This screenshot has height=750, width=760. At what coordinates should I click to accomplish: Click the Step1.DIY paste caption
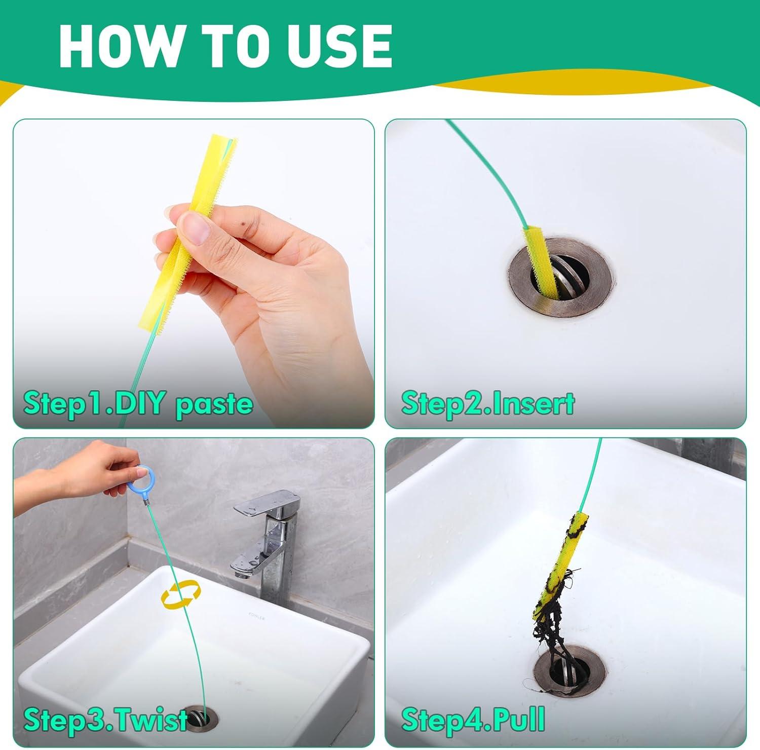point(138,403)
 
